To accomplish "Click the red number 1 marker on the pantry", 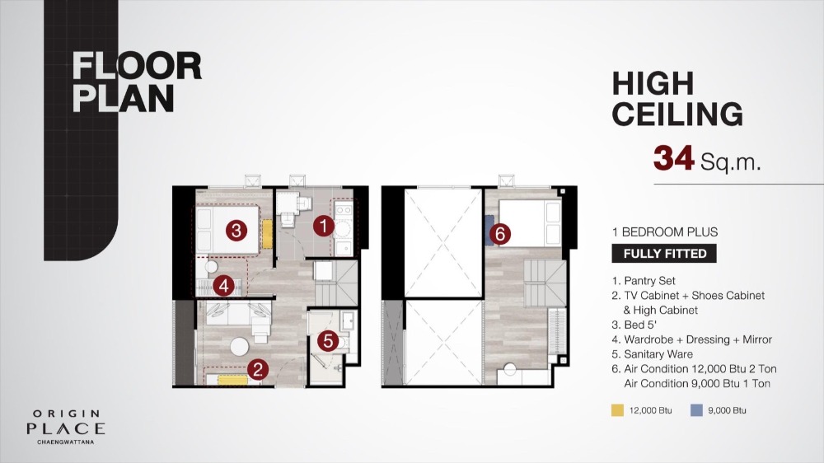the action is [x=323, y=226].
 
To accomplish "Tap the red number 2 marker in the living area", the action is [x=257, y=369].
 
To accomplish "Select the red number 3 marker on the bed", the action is [x=236, y=230].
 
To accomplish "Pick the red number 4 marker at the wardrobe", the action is [x=224, y=287].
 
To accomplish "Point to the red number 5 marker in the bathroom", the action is [x=328, y=341].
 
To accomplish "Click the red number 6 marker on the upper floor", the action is [x=500, y=234].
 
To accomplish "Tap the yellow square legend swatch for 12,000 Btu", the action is [x=617, y=410].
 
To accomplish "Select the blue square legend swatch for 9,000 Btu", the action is [x=696, y=410].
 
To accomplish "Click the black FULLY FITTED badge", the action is [x=664, y=254].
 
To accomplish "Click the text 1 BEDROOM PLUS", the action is [x=665, y=231].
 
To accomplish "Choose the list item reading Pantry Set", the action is [x=644, y=281].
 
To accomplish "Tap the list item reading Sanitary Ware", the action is [x=652, y=354].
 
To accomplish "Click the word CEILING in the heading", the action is [x=677, y=114].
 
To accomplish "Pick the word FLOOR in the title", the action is [x=137, y=66].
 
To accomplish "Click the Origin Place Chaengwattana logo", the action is [x=66, y=428].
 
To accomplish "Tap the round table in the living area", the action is [x=240, y=346].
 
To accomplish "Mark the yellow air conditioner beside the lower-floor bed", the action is [x=268, y=234].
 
